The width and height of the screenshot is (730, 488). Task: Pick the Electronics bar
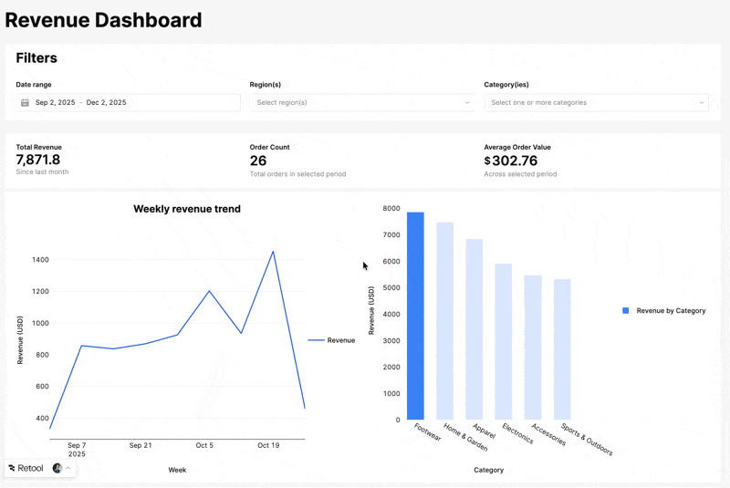tap(504, 341)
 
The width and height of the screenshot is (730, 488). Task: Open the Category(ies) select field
tap(597, 103)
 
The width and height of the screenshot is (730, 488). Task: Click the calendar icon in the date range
tap(26, 103)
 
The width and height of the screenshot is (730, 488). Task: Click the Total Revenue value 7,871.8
tap(38, 161)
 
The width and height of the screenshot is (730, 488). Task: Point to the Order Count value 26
tap(258, 161)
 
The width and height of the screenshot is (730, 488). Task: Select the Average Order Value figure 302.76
tap(515, 161)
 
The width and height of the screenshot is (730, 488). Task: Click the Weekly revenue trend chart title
tap(187, 209)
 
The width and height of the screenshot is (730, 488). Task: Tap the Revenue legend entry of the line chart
tap(332, 340)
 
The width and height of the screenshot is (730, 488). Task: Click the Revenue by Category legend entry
tap(664, 311)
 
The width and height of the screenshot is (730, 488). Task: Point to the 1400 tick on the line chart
tap(39, 260)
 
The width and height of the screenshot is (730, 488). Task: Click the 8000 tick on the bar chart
tap(391, 209)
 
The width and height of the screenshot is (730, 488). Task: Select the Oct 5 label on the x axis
tap(204, 445)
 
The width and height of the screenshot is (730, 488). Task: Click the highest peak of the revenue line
tap(273, 252)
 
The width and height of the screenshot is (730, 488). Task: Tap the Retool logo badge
tap(26, 468)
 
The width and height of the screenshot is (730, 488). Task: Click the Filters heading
tap(36, 58)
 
